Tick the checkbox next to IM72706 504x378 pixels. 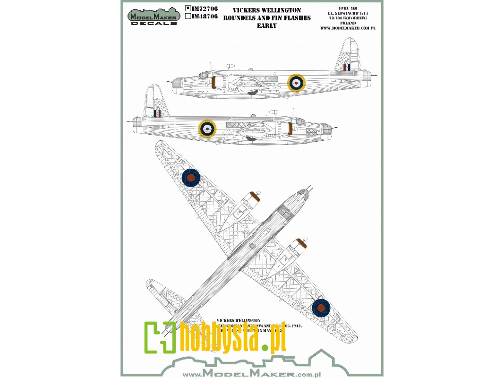tap(188, 8)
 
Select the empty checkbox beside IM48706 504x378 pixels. tap(188, 16)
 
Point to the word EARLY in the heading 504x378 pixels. tap(267, 26)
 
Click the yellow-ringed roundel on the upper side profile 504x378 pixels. tap(297, 83)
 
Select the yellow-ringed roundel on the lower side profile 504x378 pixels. tap(206, 128)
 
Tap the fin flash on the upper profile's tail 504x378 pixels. tap(346, 68)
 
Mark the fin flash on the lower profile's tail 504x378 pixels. tap(157, 113)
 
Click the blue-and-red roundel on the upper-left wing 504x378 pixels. tap(191, 177)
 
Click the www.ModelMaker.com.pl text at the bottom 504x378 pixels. tap(250, 372)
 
